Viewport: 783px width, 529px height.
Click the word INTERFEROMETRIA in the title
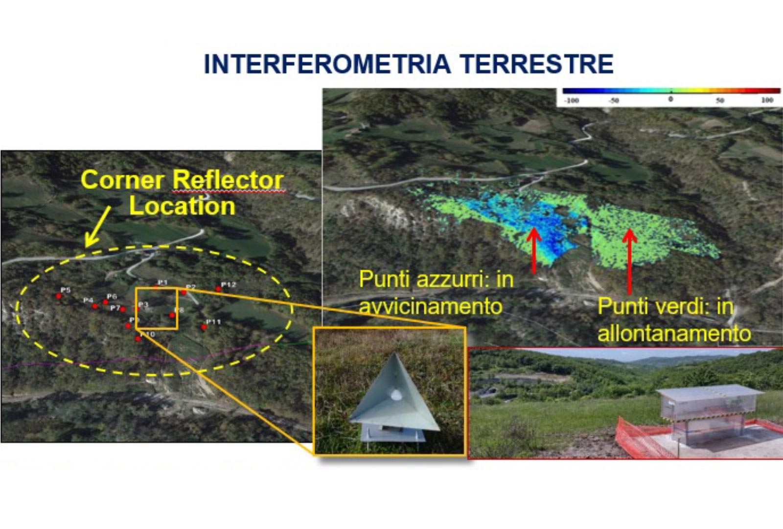point(326,64)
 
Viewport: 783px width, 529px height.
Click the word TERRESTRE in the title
point(536,64)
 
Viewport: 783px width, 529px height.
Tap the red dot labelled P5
point(59,296)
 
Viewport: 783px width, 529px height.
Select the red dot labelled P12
point(219,289)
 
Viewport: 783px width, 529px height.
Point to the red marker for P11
point(204,327)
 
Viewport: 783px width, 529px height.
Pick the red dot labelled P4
point(95,307)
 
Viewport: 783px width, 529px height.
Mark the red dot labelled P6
point(105,302)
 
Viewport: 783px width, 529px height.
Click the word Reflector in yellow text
point(228,180)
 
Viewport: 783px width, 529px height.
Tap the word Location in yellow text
point(182,206)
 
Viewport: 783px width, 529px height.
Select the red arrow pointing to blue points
point(534,250)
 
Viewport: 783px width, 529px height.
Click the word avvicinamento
point(431,307)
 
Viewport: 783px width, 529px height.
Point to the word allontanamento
point(674,334)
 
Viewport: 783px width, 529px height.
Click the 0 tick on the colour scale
point(670,99)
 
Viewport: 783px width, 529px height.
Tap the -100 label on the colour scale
point(571,100)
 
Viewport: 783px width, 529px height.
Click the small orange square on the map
point(156,309)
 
